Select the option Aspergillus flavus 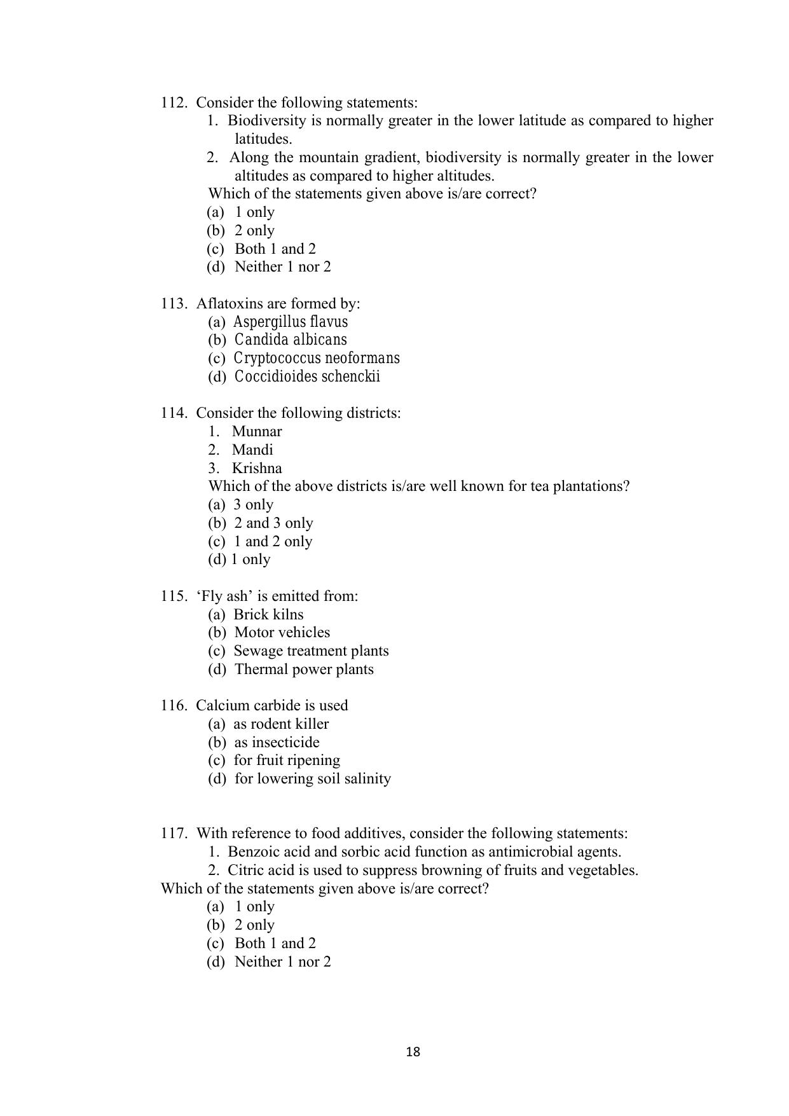click(x=290, y=322)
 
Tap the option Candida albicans click(x=291, y=340)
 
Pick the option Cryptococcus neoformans click(x=316, y=358)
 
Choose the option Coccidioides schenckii click(x=307, y=376)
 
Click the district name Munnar click(x=256, y=431)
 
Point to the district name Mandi click(x=252, y=450)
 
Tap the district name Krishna click(x=256, y=468)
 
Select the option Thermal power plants click(x=304, y=669)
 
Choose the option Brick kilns click(x=268, y=614)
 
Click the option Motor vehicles click(x=282, y=632)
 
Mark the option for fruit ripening click(x=287, y=760)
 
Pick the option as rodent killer click(x=281, y=724)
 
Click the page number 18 click(x=413, y=1052)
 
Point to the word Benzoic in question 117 click(x=250, y=851)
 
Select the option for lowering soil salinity click(x=312, y=778)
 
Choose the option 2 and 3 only click(x=273, y=523)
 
